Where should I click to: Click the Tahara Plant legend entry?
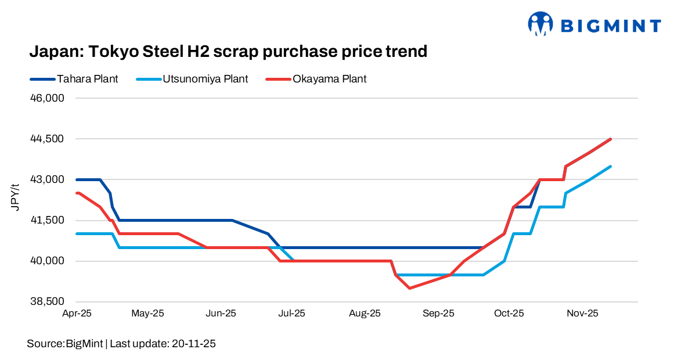click(86, 79)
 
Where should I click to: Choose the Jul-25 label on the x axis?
click(292, 314)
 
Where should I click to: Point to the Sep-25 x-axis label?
click(438, 314)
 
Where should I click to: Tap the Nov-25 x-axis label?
click(582, 314)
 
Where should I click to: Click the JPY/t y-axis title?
click(16, 197)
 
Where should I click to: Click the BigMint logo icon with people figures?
click(541, 24)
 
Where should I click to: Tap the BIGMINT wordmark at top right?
click(611, 26)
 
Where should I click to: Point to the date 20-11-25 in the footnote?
click(194, 344)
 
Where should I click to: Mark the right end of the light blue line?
click(610, 167)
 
